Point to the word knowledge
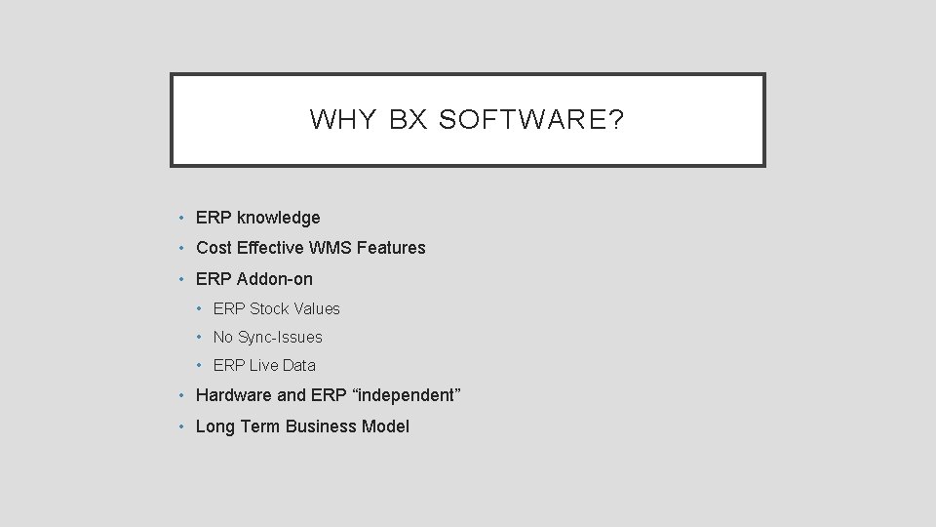click(x=278, y=218)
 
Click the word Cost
click(x=214, y=248)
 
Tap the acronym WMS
click(x=333, y=248)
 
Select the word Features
click(x=391, y=248)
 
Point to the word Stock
click(x=269, y=308)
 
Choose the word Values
click(x=317, y=308)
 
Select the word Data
click(x=299, y=365)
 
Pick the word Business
click(x=323, y=426)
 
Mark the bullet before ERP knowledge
click(x=182, y=218)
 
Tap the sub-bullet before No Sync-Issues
click(x=199, y=337)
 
